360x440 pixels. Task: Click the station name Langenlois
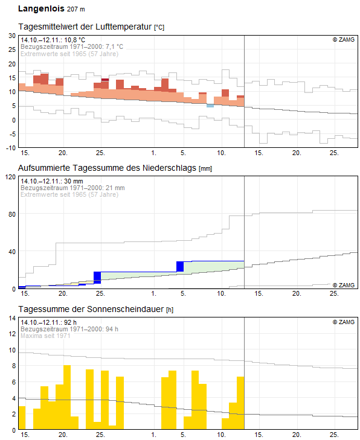(x=41, y=8)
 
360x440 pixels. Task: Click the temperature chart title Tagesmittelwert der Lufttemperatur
(x=85, y=27)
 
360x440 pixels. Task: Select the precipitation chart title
(x=107, y=168)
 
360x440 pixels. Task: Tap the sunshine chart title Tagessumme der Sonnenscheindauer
(x=91, y=309)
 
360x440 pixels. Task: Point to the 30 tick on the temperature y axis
(x=12, y=36)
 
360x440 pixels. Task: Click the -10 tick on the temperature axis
(x=11, y=148)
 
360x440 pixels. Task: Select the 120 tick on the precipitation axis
(x=11, y=177)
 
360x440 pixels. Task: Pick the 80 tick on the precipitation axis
(x=12, y=214)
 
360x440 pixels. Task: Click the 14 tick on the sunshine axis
(x=12, y=318)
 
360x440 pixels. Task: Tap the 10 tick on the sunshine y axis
(x=12, y=350)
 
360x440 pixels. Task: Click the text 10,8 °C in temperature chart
(x=74, y=40)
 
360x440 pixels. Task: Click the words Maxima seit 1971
(x=45, y=336)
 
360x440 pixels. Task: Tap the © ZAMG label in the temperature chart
(x=344, y=40)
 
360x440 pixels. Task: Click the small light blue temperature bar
(x=210, y=106)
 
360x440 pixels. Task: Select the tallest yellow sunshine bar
(x=67, y=397)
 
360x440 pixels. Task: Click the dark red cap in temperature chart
(x=105, y=80)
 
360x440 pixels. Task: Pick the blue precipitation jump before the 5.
(x=180, y=267)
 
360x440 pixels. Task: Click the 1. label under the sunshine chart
(x=154, y=435)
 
